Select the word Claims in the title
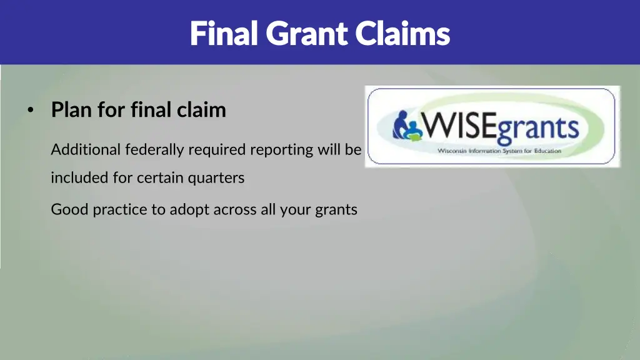point(402,33)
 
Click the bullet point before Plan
point(30,111)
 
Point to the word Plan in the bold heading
point(72,110)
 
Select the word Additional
point(86,150)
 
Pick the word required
point(217,150)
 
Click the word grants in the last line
point(336,209)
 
